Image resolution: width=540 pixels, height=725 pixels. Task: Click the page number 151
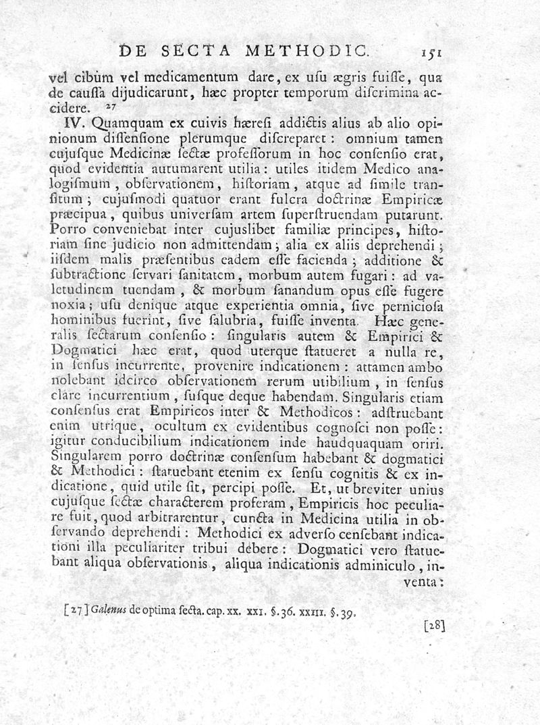click(429, 51)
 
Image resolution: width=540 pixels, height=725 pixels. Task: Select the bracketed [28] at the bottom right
click(434, 626)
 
